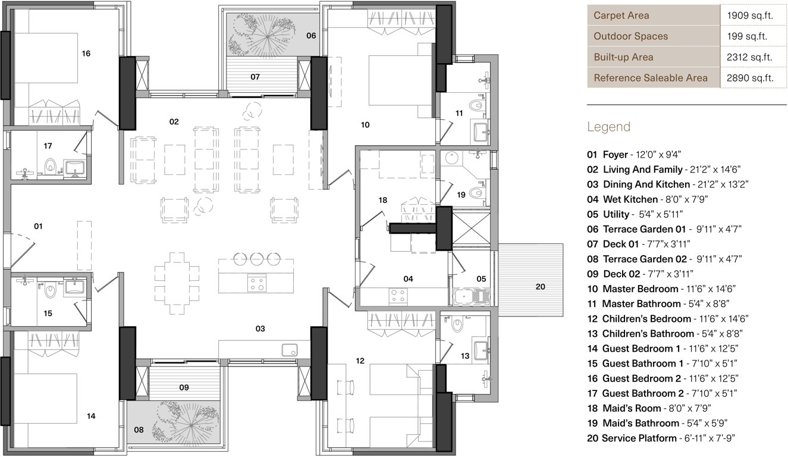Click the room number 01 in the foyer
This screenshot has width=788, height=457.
point(38,226)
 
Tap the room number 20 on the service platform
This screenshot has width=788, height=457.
point(539,287)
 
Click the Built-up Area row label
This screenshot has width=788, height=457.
point(623,57)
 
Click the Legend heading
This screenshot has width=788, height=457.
point(608,127)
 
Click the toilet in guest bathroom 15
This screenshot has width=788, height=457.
point(50,291)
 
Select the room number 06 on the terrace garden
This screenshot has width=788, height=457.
point(311,36)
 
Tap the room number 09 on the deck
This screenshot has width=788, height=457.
point(184,387)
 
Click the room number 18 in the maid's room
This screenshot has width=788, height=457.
point(382,200)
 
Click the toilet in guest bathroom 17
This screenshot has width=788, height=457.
point(50,165)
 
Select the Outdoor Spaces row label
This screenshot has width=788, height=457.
point(630,36)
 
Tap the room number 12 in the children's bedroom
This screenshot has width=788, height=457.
point(360,361)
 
